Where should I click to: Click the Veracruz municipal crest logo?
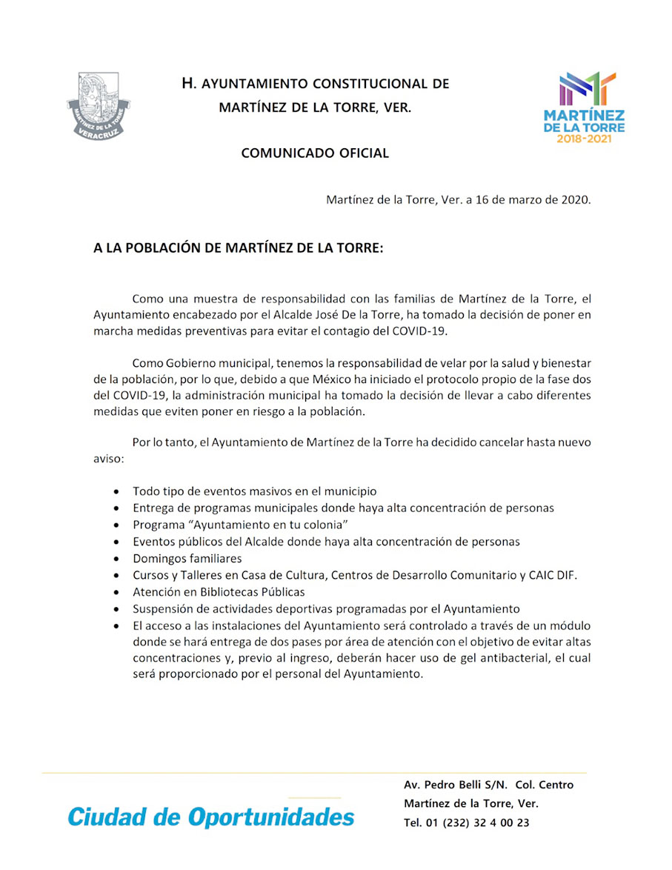click(99, 105)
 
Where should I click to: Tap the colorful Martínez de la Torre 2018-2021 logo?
click(584, 107)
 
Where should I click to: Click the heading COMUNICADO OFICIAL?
click(315, 153)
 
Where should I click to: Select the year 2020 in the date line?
click(575, 200)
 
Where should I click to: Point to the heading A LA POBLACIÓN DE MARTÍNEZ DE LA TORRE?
click(239, 248)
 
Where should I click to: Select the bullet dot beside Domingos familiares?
click(117, 559)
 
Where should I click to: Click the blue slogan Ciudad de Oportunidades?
click(211, 817)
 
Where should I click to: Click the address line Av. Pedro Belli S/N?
click(460, 786)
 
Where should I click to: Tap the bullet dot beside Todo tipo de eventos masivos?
click(117, 491)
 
